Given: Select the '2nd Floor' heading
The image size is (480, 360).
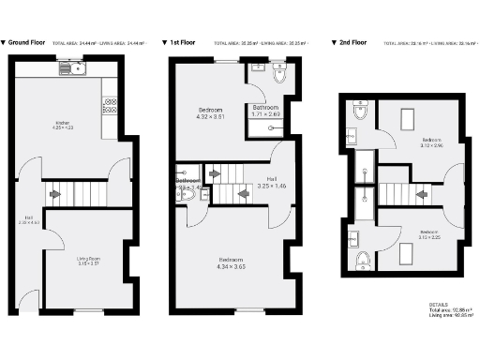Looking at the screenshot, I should (x=354, y=42).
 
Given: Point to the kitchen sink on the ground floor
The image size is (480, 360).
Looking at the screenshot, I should (x=69, y=68).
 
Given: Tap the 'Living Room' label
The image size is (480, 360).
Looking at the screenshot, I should (x=88, y=260).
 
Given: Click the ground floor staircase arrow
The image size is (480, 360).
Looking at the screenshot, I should (x=56, y=194).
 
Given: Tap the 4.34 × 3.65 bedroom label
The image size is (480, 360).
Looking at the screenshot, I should (x=232, y=262).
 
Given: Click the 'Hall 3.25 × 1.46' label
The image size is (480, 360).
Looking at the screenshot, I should (x=271, y=183).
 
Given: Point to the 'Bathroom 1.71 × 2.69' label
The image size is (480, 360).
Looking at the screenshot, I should (x=266, y=111).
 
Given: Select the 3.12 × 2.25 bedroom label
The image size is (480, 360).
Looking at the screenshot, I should (x=427, y=233).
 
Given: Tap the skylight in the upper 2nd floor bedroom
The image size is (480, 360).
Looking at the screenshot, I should (x=409, y=118).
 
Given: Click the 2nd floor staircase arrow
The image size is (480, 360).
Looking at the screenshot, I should (x=423, y=195).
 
